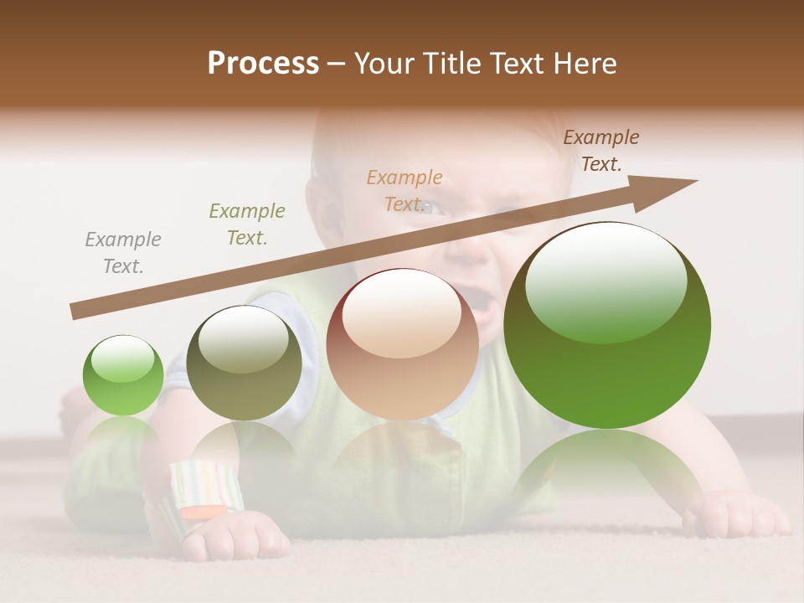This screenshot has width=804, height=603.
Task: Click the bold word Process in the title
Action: [263, 64]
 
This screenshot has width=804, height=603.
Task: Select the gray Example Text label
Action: [123, 253]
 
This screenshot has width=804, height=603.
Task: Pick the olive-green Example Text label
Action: [247, 224]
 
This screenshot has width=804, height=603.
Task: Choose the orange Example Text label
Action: [405, 191]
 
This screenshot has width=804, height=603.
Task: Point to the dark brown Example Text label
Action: [601, 151]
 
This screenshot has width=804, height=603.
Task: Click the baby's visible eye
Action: [431, 209]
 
